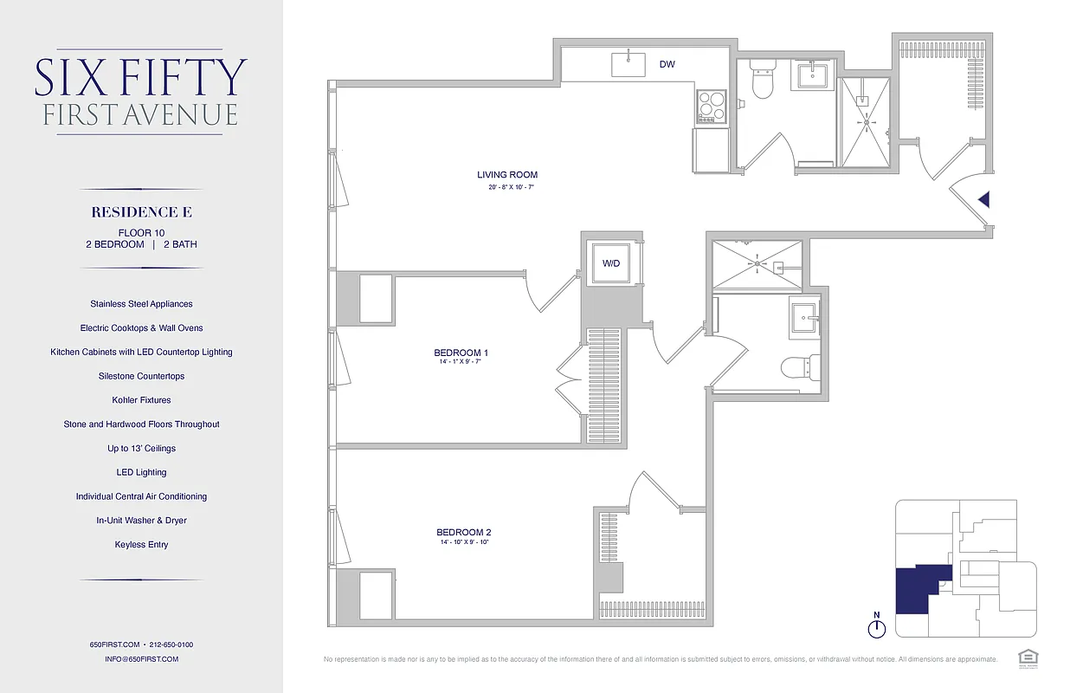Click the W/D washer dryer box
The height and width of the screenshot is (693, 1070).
[611, 263]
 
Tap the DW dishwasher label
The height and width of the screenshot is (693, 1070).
[667, 64]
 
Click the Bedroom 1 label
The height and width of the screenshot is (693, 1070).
[461, 353]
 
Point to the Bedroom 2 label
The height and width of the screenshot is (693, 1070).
[464, 532]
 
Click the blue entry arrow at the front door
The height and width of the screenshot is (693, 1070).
[983, 199]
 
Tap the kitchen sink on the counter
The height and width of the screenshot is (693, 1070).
[629, 64]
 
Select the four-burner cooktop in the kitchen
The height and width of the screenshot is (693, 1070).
[712, 108]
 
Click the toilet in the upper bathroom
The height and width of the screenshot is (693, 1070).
[763, 80]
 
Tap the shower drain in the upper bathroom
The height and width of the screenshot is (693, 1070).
[866, 121]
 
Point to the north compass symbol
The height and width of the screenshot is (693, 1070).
[877, 626]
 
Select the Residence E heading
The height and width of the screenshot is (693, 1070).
[141, 212]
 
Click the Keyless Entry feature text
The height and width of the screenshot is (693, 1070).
[141, 545]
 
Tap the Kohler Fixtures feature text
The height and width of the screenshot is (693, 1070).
[141, 400]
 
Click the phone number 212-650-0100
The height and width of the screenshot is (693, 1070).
[171, 644]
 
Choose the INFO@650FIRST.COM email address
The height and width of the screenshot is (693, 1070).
[141, 659]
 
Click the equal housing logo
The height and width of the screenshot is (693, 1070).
[1028, 656]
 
